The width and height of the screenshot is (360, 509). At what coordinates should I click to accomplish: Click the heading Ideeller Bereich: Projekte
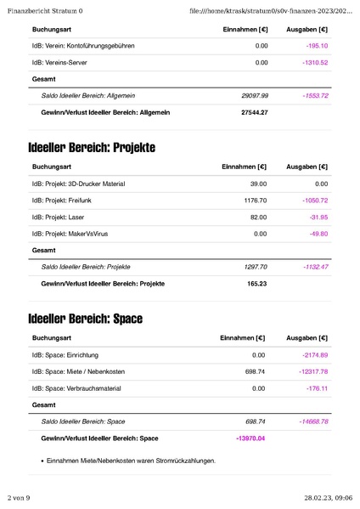(91, 148)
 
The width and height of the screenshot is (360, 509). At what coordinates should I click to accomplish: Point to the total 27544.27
(254, 112)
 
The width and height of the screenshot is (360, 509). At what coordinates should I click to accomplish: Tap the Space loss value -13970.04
(250, 438)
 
